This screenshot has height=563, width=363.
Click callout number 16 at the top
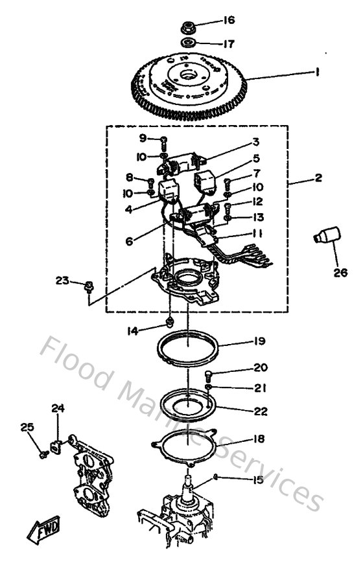click(x=228, y=20)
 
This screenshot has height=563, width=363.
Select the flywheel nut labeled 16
click(x=188, y=28)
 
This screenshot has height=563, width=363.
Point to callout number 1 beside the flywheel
click(x=317, y=73)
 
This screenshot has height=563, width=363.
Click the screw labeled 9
click(x=164, y=141)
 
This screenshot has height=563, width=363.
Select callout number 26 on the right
click(x=340, y=273)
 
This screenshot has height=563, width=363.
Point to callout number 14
click(x=133, y=332)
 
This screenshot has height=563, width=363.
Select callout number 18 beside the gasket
click(x=259, y=439)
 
